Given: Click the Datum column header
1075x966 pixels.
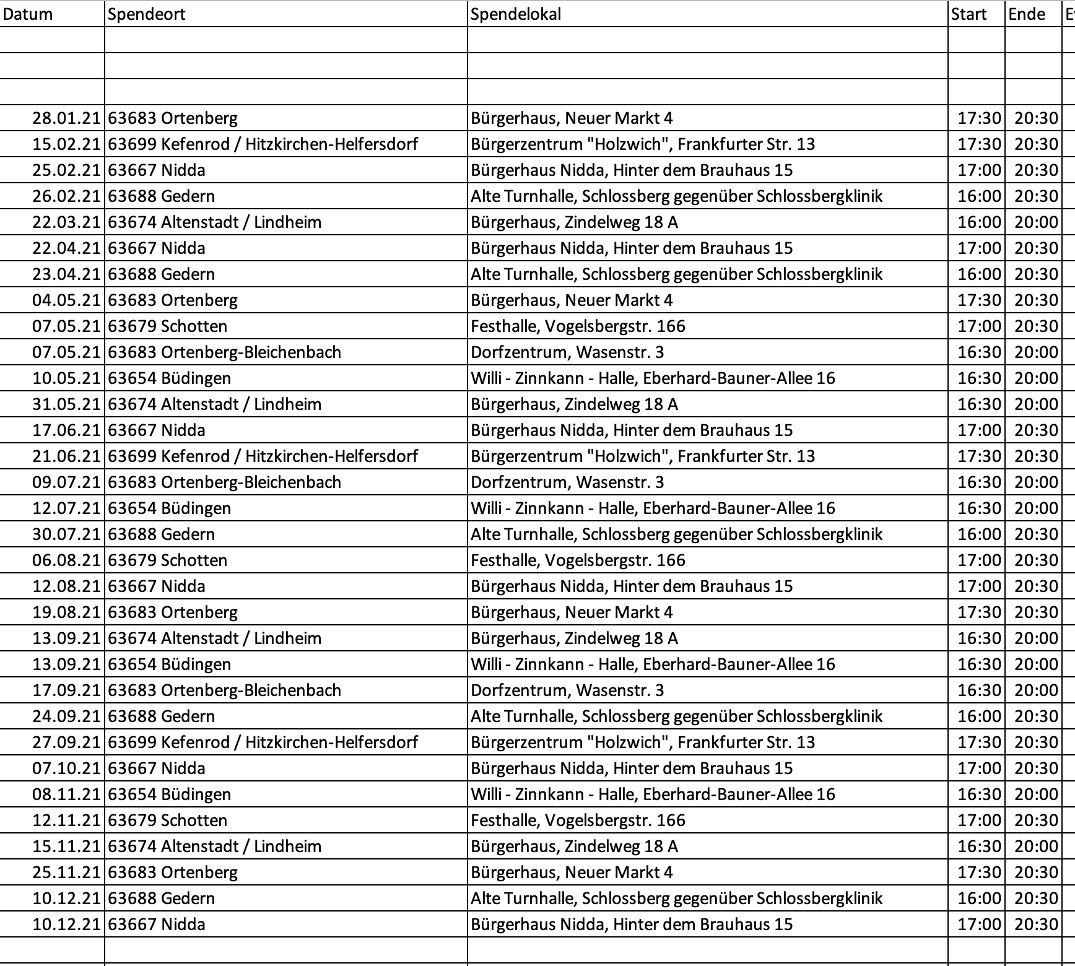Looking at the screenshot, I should (x=28, y=14).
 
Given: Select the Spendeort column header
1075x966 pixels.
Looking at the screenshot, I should (x=147, y=14).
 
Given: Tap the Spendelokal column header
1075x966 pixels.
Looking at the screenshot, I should (x=516, y=14).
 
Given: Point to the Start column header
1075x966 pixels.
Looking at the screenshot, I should (x=968, y=14).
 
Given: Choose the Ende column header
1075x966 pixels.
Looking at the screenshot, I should (x=1027, y=14).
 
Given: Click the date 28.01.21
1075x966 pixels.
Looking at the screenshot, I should (x=66, y=118).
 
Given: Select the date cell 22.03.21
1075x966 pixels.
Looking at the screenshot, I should (x=66, y=222).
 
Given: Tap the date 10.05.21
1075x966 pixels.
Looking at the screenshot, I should (x=66, y=378).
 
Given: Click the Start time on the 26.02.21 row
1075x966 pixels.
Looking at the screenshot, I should (x=979, y=196).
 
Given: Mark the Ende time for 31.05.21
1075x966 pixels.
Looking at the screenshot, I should (x=1036, y=404).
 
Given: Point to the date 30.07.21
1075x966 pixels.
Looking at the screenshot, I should (x=66, y=534).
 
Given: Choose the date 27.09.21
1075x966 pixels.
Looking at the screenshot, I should (x=66, y=742).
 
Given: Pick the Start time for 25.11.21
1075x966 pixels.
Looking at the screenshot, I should (x=979, y=872).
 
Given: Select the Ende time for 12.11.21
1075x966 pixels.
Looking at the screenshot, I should (x=1036, y=820).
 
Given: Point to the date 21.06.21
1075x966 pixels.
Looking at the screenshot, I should (x=66, y=456).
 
